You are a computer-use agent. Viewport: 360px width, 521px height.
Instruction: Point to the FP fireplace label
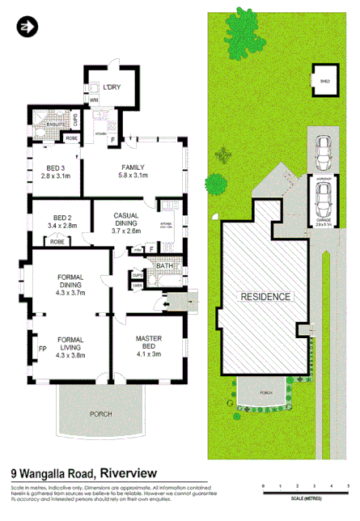point(43,349)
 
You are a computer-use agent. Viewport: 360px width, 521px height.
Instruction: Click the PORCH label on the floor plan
point(101,413)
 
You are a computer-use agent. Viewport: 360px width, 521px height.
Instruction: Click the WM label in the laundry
point(93,99)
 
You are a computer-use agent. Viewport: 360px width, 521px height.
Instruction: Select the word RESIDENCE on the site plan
point(265,296)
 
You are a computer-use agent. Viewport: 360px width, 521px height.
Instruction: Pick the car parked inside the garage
point(324,197)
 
